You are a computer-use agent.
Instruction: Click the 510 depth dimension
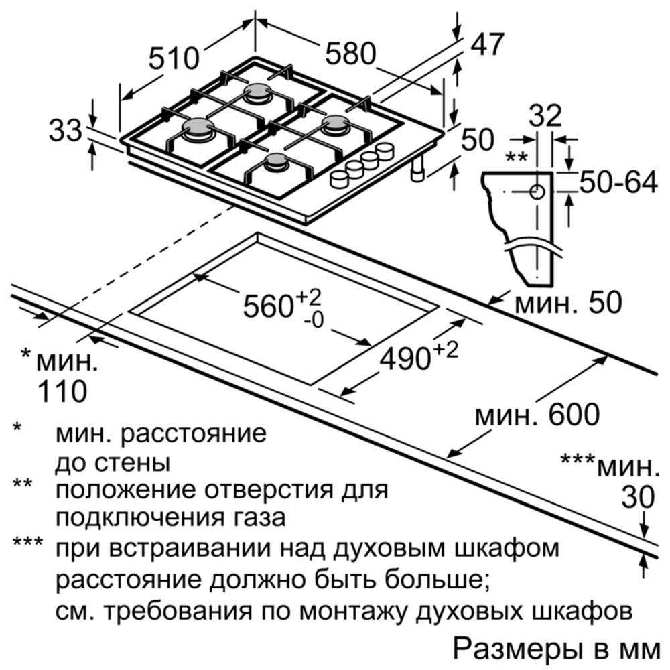click(x=174, y=58)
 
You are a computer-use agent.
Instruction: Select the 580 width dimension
click(x=350, y=54)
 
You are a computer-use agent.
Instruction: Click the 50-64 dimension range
click(x=618, y=183)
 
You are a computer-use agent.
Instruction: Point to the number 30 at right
click(x=638, y=497)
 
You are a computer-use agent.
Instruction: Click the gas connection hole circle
click(x=537, y=192)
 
